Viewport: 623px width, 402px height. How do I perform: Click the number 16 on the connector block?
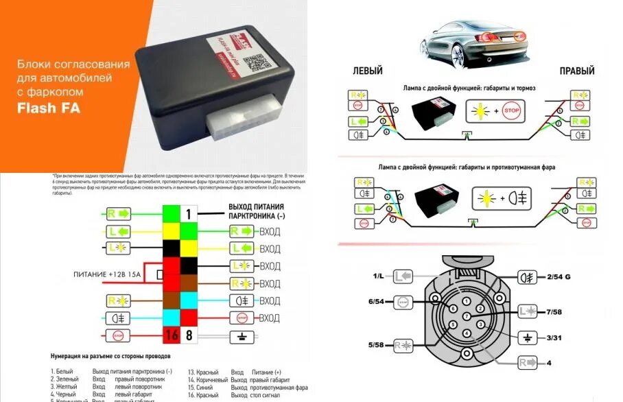click(x=171, y=336)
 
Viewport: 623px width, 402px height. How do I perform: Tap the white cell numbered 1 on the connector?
click(x=189, y=214)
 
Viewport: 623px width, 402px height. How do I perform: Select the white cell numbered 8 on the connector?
click(x=189, y=336)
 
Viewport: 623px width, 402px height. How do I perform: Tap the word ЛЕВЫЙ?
click(x=368, y=71)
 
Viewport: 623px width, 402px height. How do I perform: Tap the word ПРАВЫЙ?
click(x=577, y=71)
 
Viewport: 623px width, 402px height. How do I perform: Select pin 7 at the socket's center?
click(x=467, y=315)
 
